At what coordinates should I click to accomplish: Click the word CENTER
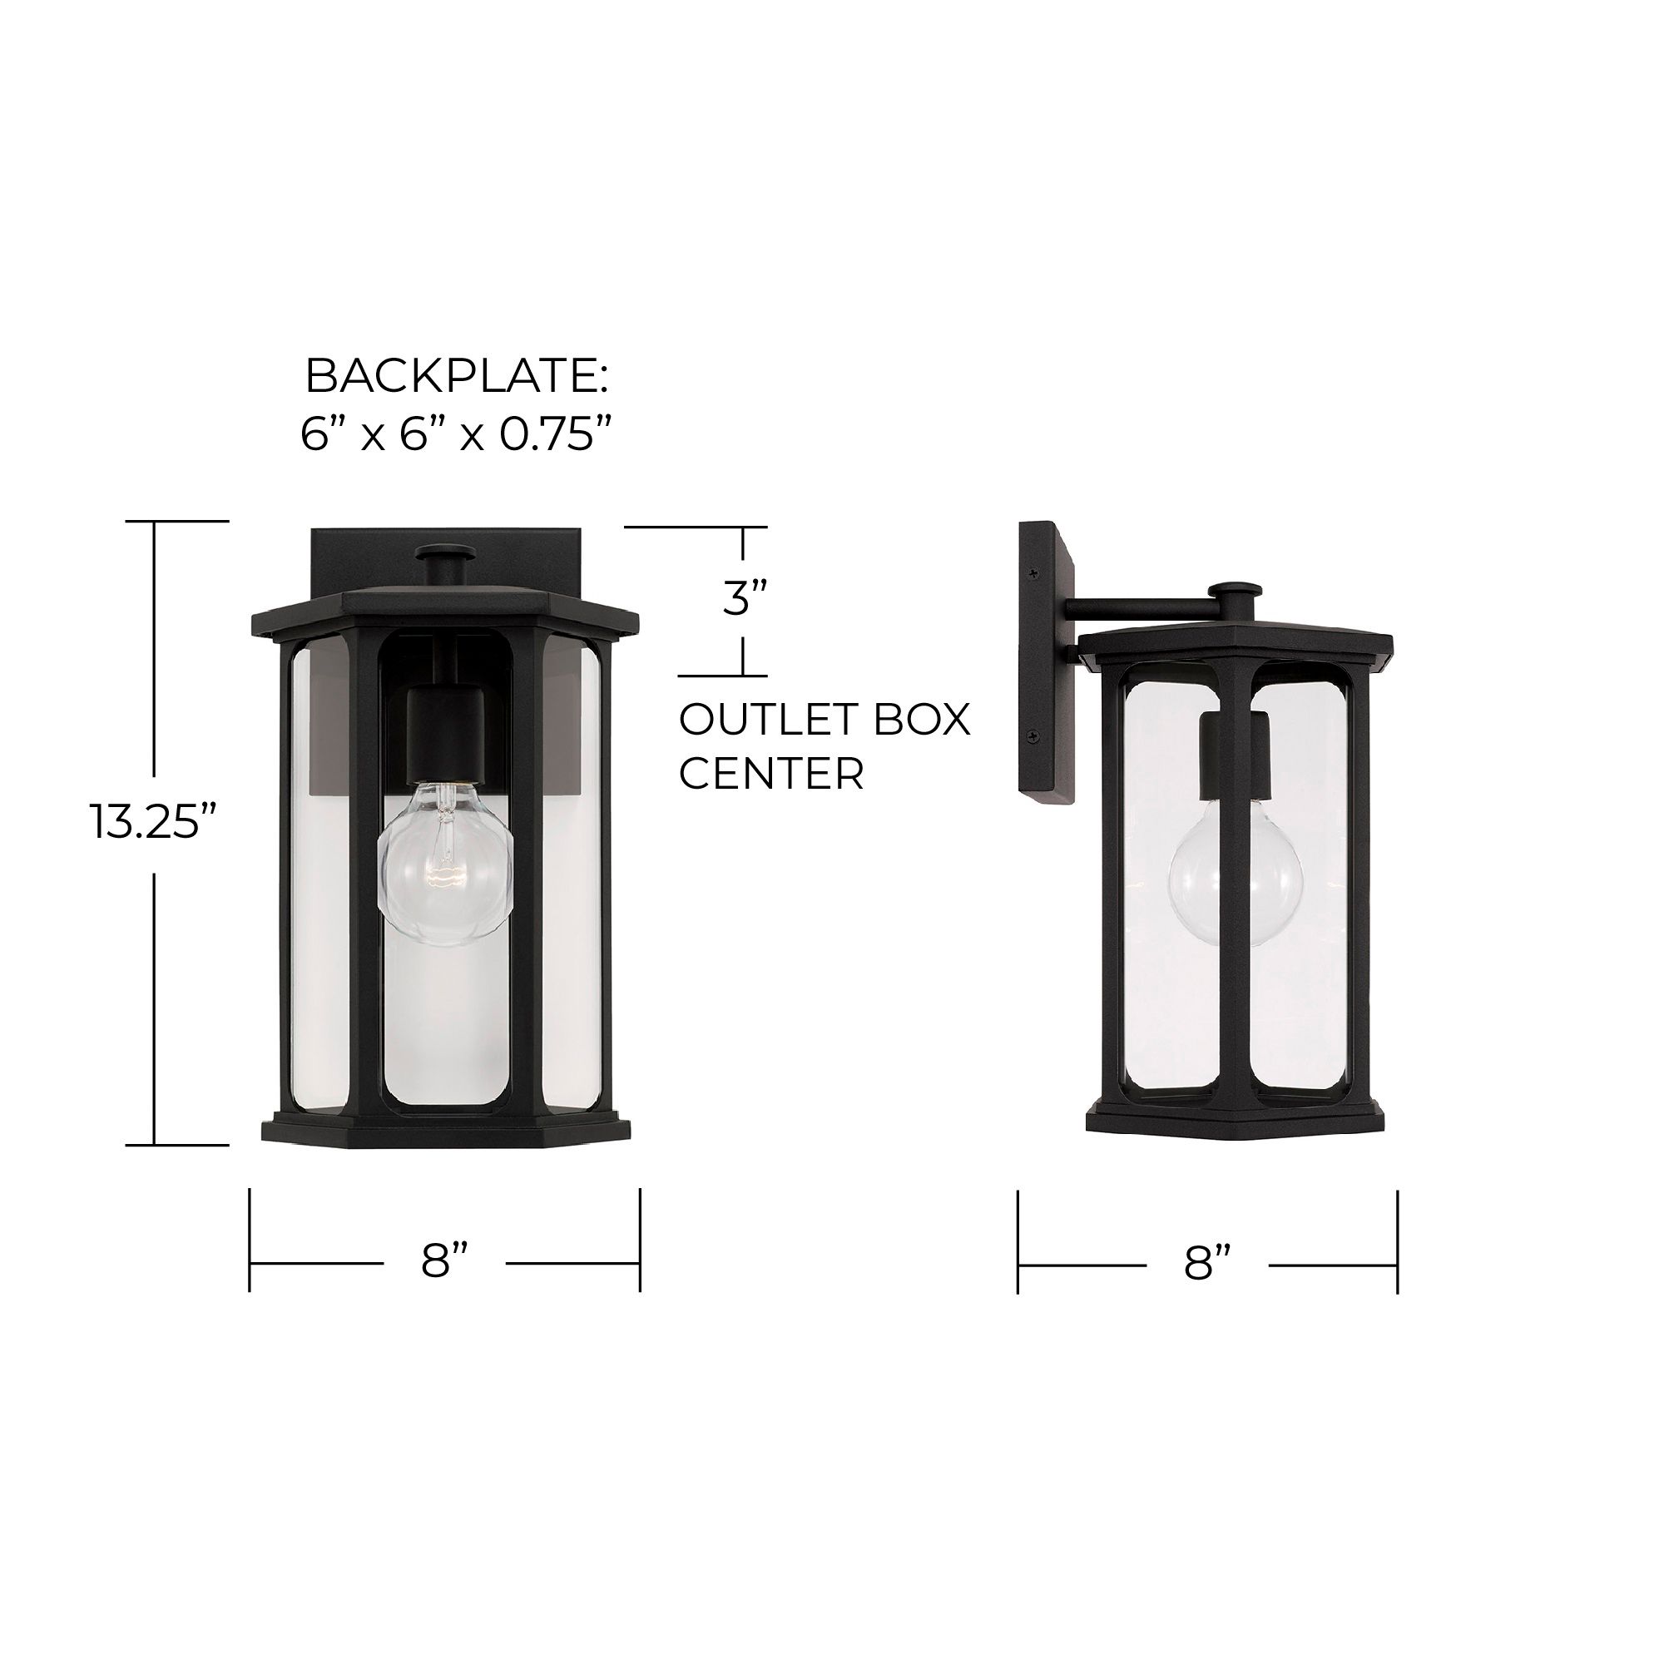pyautogui.click(x=771, y=774)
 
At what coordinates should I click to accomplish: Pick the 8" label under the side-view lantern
pyautogui.click(x=1206, y=1265)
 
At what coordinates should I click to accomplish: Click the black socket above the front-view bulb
pyautogui.click(x=445, y=733)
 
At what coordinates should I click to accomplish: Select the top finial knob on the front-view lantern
pyautogui.click(x=443, y=555)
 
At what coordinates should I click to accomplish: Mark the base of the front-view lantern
pyautogui.click(x=445, y=1126)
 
